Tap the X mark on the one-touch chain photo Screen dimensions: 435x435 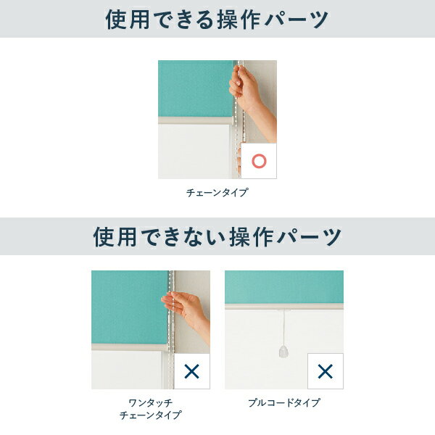pyautogui.click(x=191, y=371)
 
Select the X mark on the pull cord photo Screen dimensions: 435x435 pyautogui.click(x=325, y=371)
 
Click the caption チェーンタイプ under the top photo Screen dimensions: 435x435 pyautogui.click(x=217, y=192)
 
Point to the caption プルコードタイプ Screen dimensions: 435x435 pyautogui.click(x=284, y=402)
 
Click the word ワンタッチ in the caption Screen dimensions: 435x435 pyautogui.click(x=151, y=402)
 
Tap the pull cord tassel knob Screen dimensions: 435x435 pyautogui.click(x=283, y=351)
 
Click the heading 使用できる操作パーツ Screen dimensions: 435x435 pyautogui.click(x=217, y=19)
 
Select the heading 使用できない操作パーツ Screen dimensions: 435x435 pyautogui.click(x=217, y=236)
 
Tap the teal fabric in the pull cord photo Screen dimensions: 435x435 pyautogui.click(x=284, y=287)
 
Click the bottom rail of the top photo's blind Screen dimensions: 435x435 pyautogui.click(x=195, y=120)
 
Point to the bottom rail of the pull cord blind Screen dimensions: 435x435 pyautogui.click(x=284, y=306)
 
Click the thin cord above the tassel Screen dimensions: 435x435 pyautogui.click(x=283, y=328)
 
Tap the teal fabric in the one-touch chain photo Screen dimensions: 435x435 pyautogui.click(x=130, y=307)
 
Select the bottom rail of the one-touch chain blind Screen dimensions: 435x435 pyautogui.click(x=130, y=347)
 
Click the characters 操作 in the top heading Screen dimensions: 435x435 pyautogui.click(x=239, y=20)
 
